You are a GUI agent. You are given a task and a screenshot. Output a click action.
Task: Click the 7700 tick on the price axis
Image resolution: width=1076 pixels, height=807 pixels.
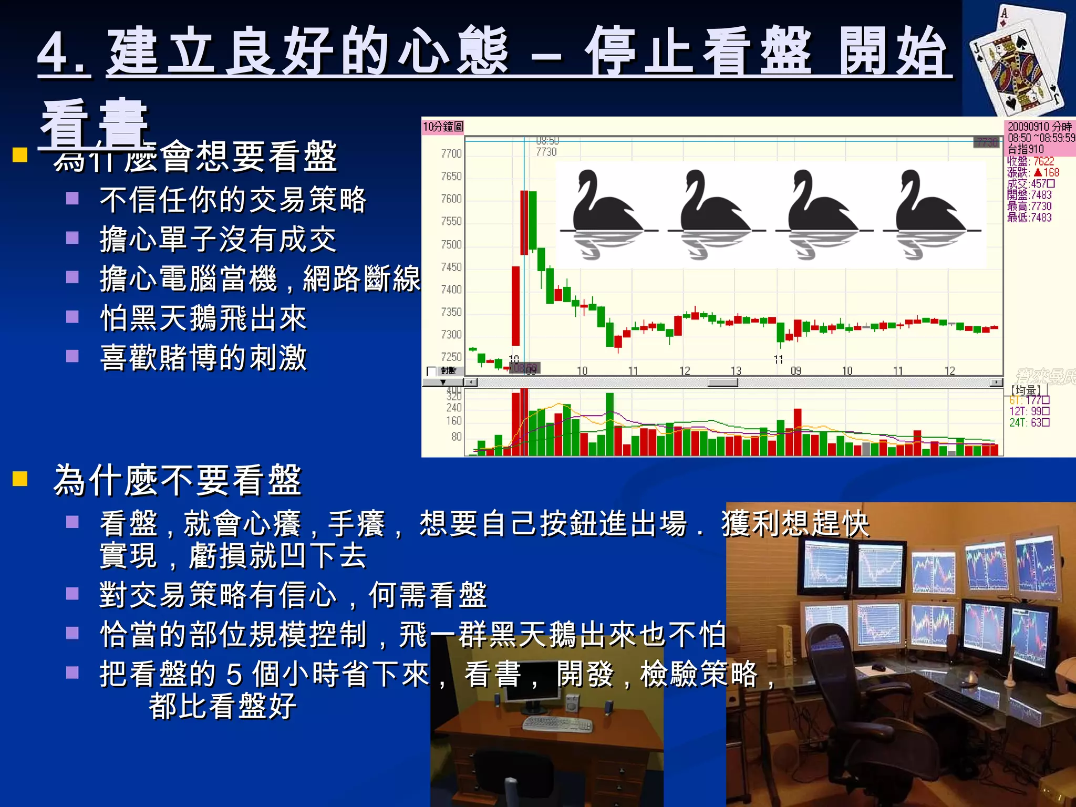point(451,153)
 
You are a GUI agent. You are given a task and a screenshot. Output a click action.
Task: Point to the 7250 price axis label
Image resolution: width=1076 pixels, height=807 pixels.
point(451,357)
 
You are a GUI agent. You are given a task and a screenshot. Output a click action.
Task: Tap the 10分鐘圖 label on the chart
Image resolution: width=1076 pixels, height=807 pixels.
point(443,127)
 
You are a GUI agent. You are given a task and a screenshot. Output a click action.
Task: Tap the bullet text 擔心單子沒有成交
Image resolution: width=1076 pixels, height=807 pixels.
point(218,239)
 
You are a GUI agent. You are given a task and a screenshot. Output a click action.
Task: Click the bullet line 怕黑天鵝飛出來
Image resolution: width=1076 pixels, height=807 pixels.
point(203,318)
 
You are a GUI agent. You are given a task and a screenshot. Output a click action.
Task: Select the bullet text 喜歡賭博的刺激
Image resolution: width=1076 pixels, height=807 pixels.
point(203,358)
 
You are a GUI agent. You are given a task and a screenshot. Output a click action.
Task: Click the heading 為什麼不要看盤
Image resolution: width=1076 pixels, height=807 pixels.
point(178,480)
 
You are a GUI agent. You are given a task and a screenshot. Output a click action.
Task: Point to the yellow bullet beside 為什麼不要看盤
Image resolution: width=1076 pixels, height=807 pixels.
point(20,479)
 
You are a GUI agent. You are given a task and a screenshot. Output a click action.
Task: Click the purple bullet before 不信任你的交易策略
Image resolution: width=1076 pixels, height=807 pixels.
point(73,199)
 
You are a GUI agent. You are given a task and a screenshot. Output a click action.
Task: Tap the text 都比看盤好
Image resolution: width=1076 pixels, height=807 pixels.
point(222,706)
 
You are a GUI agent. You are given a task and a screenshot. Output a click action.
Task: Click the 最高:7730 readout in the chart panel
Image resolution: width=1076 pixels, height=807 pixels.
point(1029,206)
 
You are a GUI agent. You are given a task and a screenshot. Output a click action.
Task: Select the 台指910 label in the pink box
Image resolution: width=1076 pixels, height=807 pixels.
point(1026,149)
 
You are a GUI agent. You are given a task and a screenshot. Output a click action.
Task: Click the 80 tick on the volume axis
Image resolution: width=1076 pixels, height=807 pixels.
point(456,437)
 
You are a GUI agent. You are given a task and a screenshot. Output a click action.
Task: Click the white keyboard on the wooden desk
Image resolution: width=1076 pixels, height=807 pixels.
point(557,724)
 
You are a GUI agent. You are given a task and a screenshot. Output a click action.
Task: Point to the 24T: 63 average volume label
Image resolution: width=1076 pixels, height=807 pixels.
point(1029,422)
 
